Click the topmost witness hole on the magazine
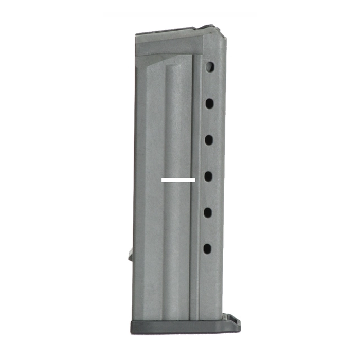click(x=210, y=66)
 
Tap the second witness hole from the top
click(x=209, y=103)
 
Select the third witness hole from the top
click(x=209, y=139)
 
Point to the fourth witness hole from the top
click(x=208, y=176)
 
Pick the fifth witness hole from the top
click(x=208, y=212)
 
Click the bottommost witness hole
click(x=207, y=249)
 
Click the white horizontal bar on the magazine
click(x=178, y=180)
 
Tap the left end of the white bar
click(x=162, y=180)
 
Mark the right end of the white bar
click(x=194, y=180)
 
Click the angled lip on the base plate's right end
click(x=235, y=322)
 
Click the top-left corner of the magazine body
click(x=136, y=35)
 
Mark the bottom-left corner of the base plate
click(x=132, y=332)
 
